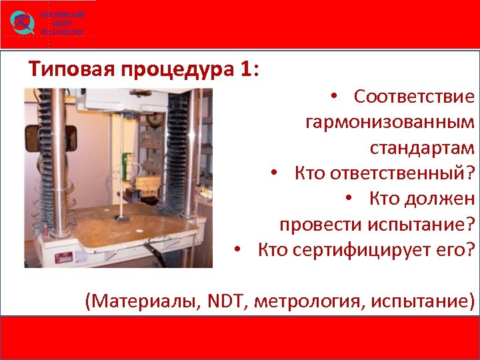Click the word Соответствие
click(x=414, y=97)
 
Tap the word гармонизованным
click(x=390, y=122)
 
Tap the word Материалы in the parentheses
click(x=134, y=301)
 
